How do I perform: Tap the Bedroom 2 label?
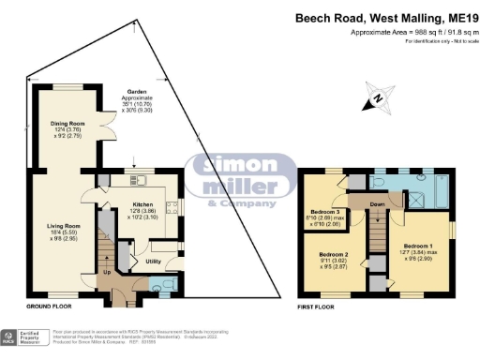[x=333, y=255]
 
